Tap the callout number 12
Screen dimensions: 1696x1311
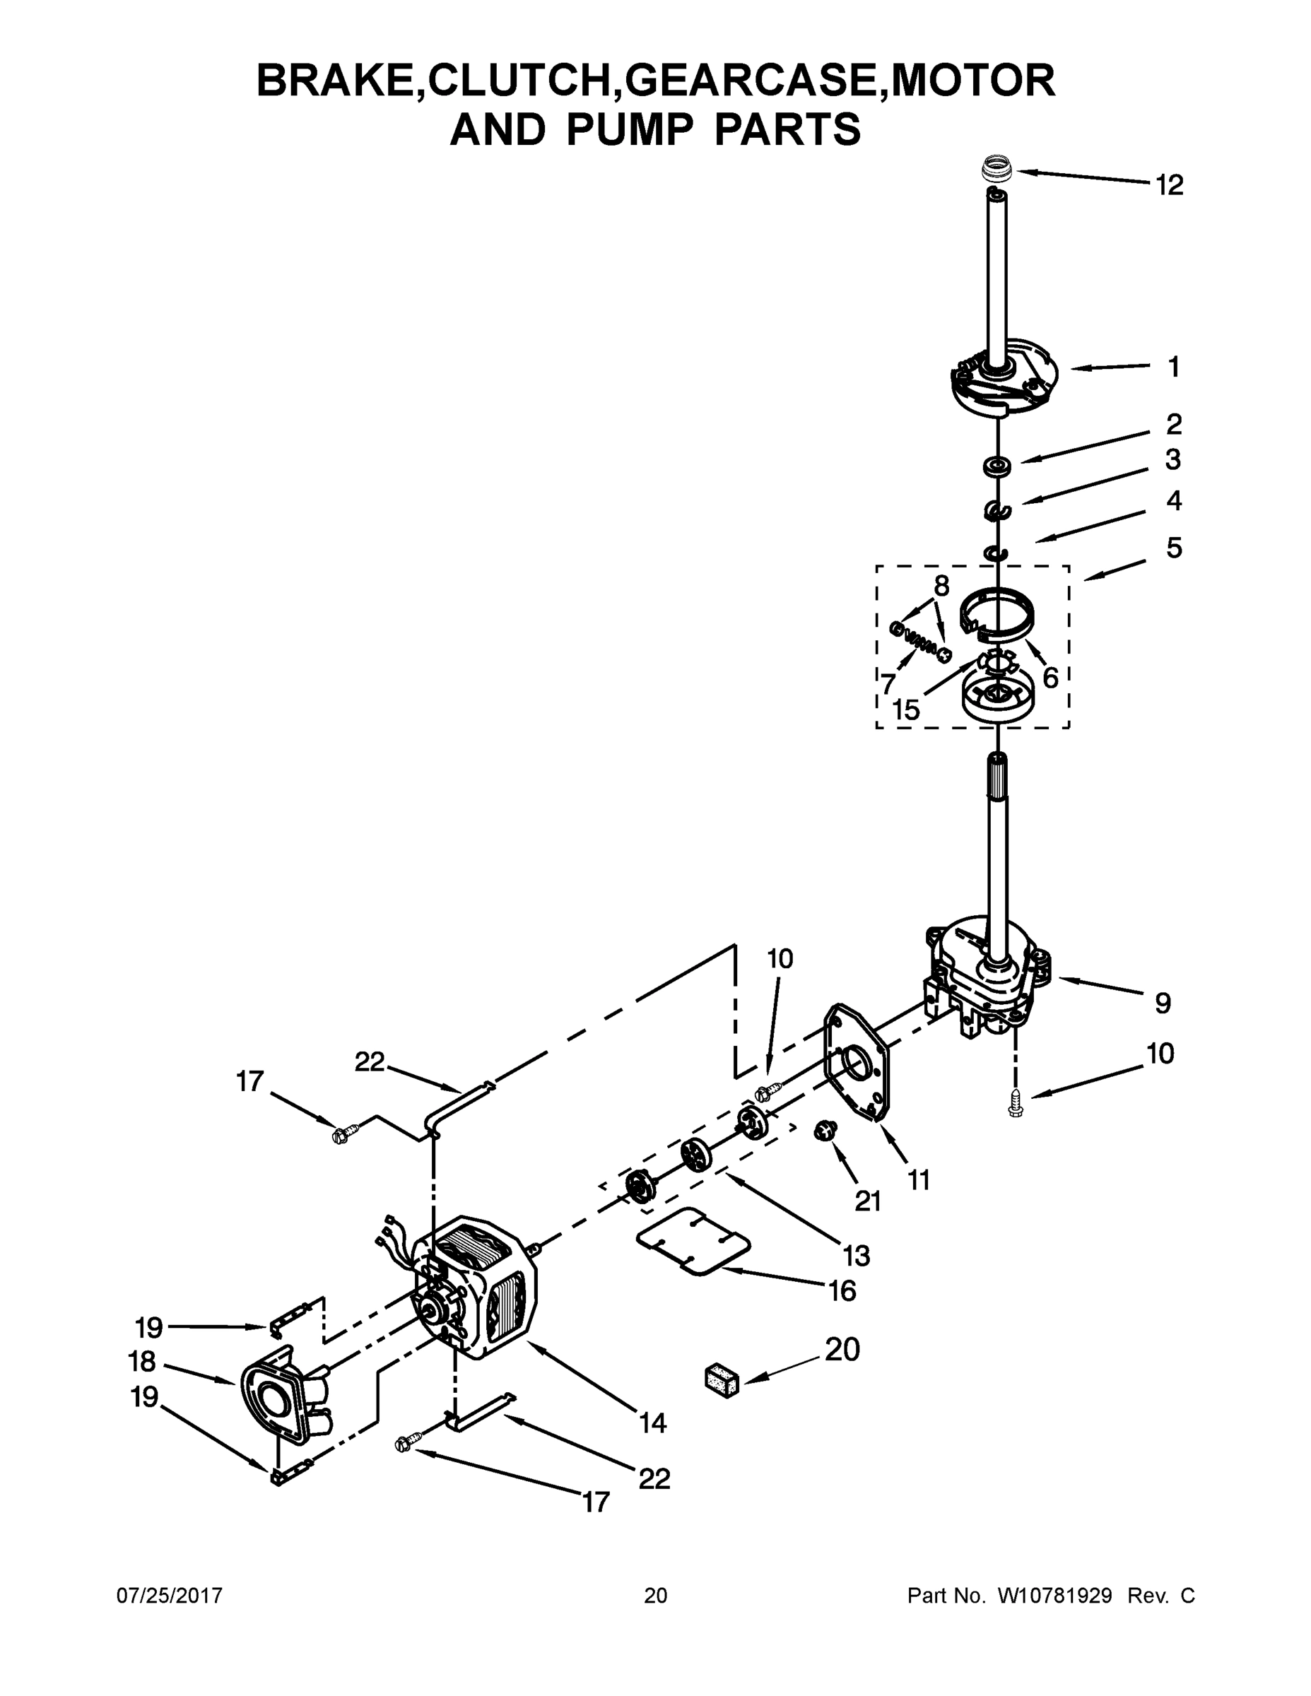pyautogui.click(x=1169, y=185)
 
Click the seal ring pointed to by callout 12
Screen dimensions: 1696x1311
pyautogui.click(x=997, y=167)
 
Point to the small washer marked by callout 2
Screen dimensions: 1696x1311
pyautogui.click(x=997, y=466)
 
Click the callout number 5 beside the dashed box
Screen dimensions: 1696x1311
pyautogui.click(x=1173, y=548)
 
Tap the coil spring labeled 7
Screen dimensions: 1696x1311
pyautogui.click(x=921, y=638)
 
